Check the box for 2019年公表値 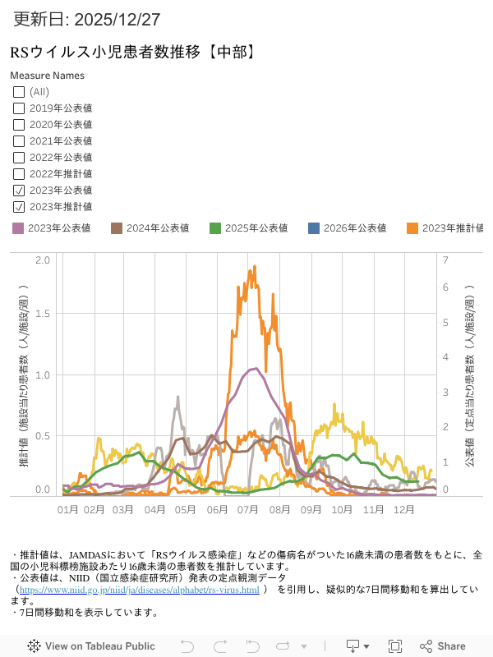19,108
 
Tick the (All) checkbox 19,91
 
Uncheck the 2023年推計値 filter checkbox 19,206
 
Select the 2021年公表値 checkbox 19,140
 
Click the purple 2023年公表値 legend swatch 19,228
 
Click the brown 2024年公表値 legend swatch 117,228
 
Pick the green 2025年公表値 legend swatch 215,228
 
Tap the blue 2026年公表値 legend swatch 314,228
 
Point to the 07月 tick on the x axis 249,509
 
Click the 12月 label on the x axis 403,509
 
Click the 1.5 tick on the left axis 43,314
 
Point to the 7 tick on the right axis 445,260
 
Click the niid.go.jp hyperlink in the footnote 139,590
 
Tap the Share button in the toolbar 443,646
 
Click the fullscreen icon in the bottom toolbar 395,646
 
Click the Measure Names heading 47,76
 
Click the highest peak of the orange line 255,266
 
